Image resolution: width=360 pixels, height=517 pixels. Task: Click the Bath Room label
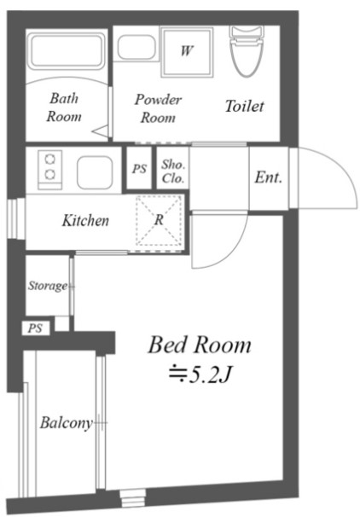tap(64, 107)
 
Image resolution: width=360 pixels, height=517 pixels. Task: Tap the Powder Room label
tap(158, 108)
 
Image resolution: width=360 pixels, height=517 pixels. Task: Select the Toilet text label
tap(244, 106)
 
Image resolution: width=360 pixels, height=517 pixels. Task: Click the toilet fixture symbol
tap(247, 51)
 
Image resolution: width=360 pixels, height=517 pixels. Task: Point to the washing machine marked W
tap(187, 52)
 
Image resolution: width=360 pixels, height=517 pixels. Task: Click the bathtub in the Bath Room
tap(67, 51)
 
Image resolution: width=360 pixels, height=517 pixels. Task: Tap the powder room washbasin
tap(136, 48)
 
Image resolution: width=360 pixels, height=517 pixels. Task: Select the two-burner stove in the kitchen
tap(49, 170)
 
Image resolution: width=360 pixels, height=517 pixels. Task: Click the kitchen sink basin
tap(95, 172)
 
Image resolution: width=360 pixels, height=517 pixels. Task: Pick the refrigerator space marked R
tap(159, 220)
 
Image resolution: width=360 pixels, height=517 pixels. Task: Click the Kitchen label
tap(85, 221)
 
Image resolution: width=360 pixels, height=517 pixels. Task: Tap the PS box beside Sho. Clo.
tap(139, 168)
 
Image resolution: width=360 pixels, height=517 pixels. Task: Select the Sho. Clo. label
tap(173, 171)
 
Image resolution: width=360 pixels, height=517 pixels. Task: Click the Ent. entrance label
tap(269, 177)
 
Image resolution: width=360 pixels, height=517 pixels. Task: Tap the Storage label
tap(48, 286)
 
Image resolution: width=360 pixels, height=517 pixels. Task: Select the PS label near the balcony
tap(35, 328)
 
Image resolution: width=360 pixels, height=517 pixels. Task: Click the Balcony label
tap(67, 423)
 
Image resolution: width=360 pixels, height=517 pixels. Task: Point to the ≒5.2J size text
tap(199, 375)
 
